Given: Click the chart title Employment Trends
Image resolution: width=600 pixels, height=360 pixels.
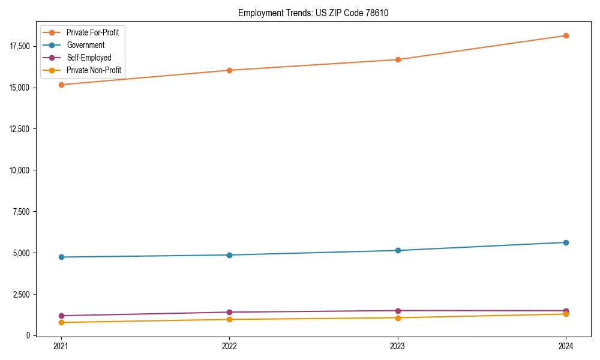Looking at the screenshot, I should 313,13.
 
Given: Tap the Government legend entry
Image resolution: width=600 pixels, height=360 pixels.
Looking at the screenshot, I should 85,45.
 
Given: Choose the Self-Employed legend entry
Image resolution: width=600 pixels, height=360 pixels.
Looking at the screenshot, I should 89,58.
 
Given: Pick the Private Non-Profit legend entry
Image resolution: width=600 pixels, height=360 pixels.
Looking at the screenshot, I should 94,70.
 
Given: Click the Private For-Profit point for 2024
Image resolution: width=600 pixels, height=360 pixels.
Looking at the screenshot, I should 566,35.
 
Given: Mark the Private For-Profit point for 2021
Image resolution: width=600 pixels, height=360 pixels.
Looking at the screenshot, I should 61,85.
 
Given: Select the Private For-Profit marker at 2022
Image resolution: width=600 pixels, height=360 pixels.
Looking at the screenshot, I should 229,70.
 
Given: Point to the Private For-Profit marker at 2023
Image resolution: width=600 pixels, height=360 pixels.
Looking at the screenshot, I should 398,59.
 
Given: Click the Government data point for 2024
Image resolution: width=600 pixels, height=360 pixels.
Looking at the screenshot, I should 566,242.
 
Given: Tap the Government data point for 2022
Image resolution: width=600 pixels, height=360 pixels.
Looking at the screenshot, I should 229,255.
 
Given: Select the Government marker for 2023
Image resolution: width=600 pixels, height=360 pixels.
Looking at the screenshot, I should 398,250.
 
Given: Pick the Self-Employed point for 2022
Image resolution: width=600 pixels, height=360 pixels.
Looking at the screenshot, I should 229,312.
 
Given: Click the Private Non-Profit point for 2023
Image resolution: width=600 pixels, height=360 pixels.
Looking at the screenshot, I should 398,317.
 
